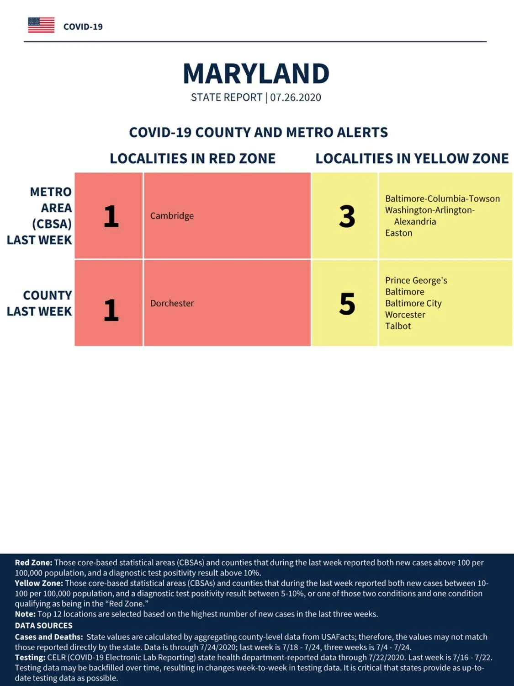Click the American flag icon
click(41, 25)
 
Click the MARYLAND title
click(256, 74)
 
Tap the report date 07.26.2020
click(296, 97)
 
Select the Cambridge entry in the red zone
click(172, 216)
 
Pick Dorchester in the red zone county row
click(172, 303)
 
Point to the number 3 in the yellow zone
click(347, 216)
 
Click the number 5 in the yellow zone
click(347, 303)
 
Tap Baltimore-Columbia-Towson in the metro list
click(442, 198)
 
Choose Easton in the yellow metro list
click(398, 233)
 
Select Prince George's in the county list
click(416, 280)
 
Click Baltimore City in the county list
click(413, 303)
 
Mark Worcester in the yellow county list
click(405, 315)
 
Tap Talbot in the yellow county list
click(398, 326)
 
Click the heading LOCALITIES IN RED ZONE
click(192, 158)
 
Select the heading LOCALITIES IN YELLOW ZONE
click(412, 158)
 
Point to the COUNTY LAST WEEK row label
click(39, 303)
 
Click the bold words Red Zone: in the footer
click(34, 563)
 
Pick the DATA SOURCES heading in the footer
click(44, 625)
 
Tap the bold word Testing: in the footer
click(30, 657)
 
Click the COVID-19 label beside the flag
click(83, 27)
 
